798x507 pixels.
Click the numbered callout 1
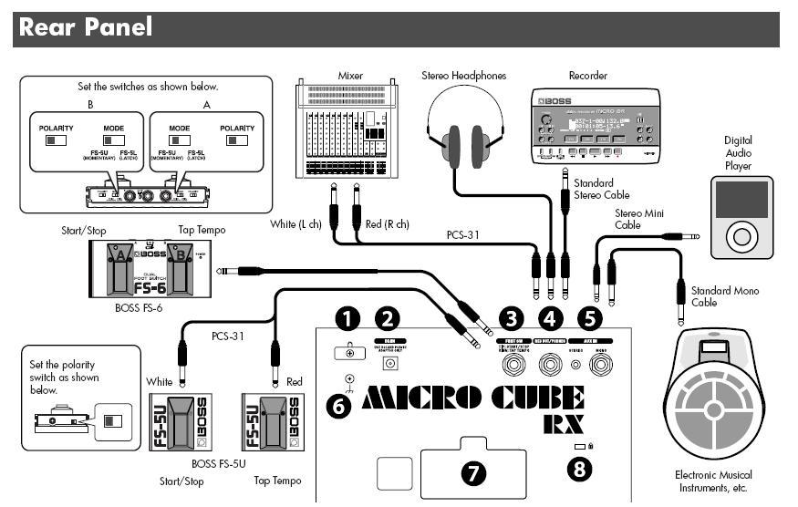click(347, 318)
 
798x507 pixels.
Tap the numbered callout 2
click(389, 318)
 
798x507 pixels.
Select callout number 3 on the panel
click(513, 318)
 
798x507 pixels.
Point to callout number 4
click(551, 318)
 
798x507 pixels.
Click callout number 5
click(591, 318)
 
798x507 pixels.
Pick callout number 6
click(338, 406)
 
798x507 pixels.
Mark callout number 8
click(581, 469)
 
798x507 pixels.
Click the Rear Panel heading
click(85, 26)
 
